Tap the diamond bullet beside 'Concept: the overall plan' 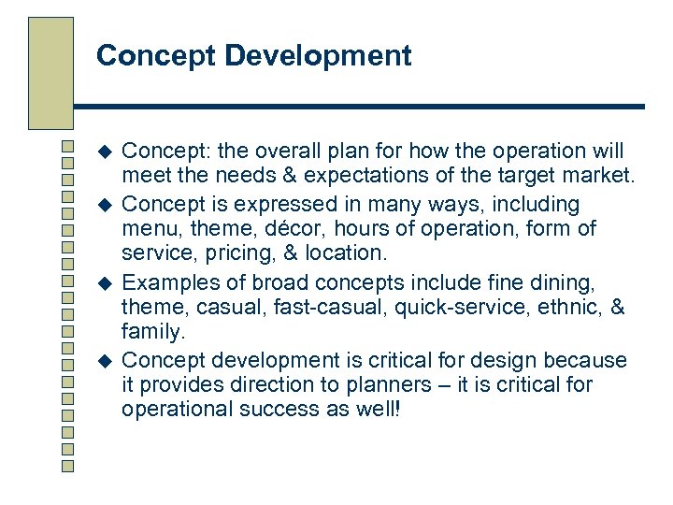[x=105, y=151]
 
